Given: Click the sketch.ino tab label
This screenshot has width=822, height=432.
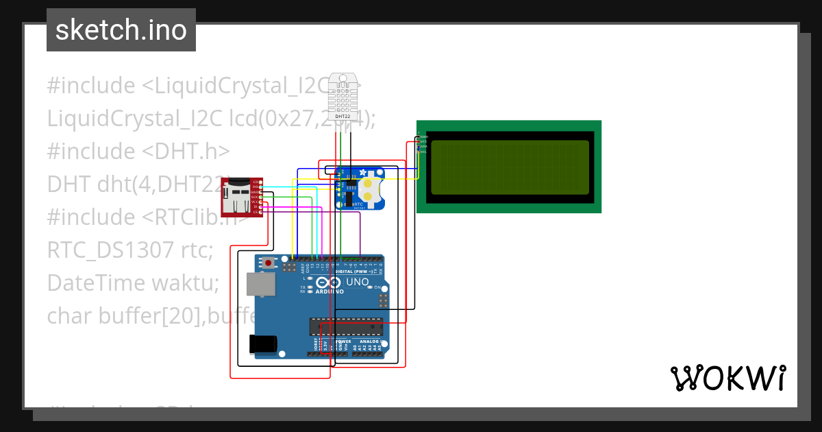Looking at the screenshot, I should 121,30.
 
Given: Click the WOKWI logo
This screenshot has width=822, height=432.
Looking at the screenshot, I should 727,378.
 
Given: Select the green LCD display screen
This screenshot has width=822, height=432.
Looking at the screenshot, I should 509,167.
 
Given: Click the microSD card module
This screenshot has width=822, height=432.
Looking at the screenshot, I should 236,196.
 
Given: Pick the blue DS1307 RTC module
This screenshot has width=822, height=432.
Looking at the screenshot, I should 359,189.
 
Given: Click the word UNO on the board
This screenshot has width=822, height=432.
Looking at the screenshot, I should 358,282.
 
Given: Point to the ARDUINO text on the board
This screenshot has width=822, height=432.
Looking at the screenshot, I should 329,292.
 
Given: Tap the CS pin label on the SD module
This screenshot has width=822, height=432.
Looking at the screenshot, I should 256,213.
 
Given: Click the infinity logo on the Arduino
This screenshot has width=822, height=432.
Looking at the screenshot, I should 329,283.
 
